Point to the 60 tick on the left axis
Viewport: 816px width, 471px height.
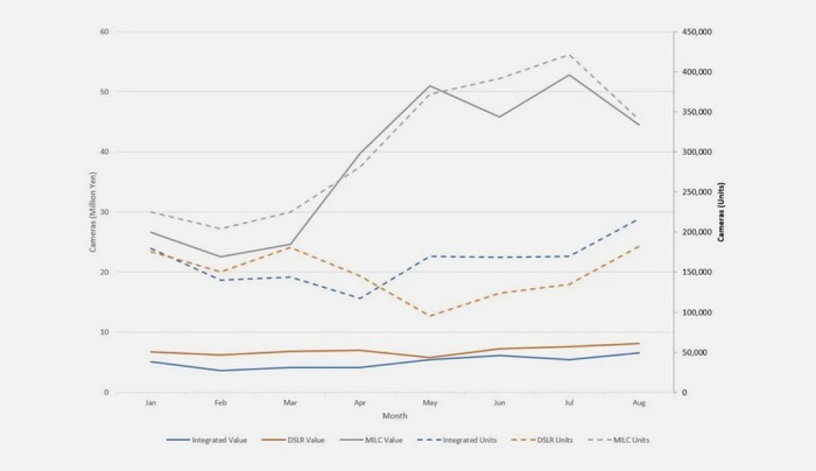pyautogui.click(x=104, y=32)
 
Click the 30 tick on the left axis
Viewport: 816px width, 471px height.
pyautogui.click(x=104, y=212)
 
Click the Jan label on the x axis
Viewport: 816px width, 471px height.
pyautogui.click(x=151, y=403)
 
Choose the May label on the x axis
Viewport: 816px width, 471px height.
pyautogui.click(x=429, y=403)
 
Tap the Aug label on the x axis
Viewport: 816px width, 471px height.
pyautogui.click(x=638, y=403)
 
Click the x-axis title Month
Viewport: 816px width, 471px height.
pyautogui.click(x=394, y=416)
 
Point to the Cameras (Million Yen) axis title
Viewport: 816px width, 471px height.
pyautogui.click(x=93, y=212)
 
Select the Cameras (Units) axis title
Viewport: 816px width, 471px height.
pyautogui.click(x=722, y=212)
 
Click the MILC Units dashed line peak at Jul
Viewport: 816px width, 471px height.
pyautogui.click(x=569, y=54)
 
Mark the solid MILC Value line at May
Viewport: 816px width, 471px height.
pyautogui.click(x=429, y=86)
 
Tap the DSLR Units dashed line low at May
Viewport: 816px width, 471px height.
pyautogui.click(x=429, y=316)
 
